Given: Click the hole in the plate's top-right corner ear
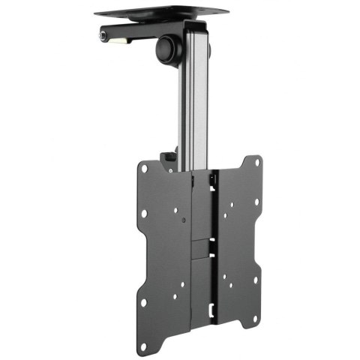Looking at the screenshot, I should [x=256, y=163].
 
